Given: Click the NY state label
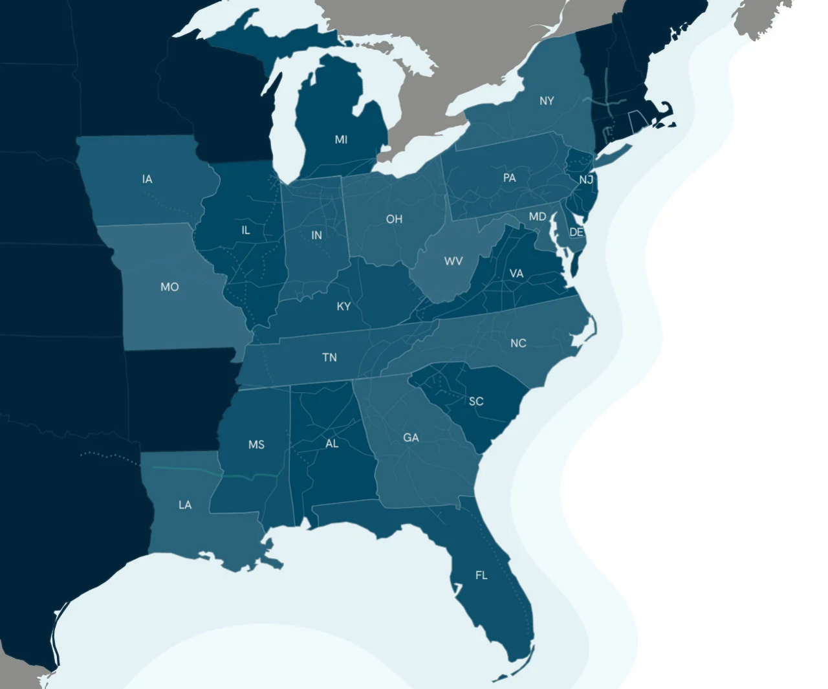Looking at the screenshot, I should pos(547,101).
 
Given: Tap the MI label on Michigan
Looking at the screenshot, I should pos(341,140).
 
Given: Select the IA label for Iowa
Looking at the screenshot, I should pos(147,179).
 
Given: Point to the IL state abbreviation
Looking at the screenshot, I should pos(246,230).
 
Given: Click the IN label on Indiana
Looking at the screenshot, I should pos(316,235).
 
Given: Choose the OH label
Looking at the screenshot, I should pos(394,219).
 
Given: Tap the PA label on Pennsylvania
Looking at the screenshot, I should pos(510,178).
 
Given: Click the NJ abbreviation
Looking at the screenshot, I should pos(586,180).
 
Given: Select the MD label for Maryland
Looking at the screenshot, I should pos(538,217).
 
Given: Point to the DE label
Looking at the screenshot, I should pos(576,232).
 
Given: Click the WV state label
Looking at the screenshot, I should pos(453,261).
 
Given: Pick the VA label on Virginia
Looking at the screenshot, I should pos(516,274).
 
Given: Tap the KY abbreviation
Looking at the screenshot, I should pos(343,307).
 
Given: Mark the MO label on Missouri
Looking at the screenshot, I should pos(169,287).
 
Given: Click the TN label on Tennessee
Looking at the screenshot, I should pos(329,357).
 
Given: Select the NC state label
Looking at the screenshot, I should pos(518,344).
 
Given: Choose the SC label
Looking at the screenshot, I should pos(476,401).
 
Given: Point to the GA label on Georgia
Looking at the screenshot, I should pos(411,438).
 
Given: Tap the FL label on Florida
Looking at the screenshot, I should pos(481,575).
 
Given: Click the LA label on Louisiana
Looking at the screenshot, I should pos(185,505).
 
